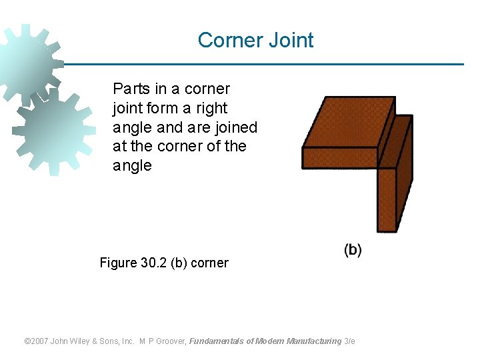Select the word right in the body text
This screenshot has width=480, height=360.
(213, 108)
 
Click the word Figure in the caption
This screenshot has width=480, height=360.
(118, 263)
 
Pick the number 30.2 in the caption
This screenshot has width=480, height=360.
(154, 263)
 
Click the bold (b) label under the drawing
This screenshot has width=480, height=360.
(353, 250)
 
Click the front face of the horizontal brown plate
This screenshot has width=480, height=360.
(340, 157)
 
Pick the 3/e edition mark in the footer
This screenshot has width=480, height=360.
(349, 341)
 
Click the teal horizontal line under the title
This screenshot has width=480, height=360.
(267, 65)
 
